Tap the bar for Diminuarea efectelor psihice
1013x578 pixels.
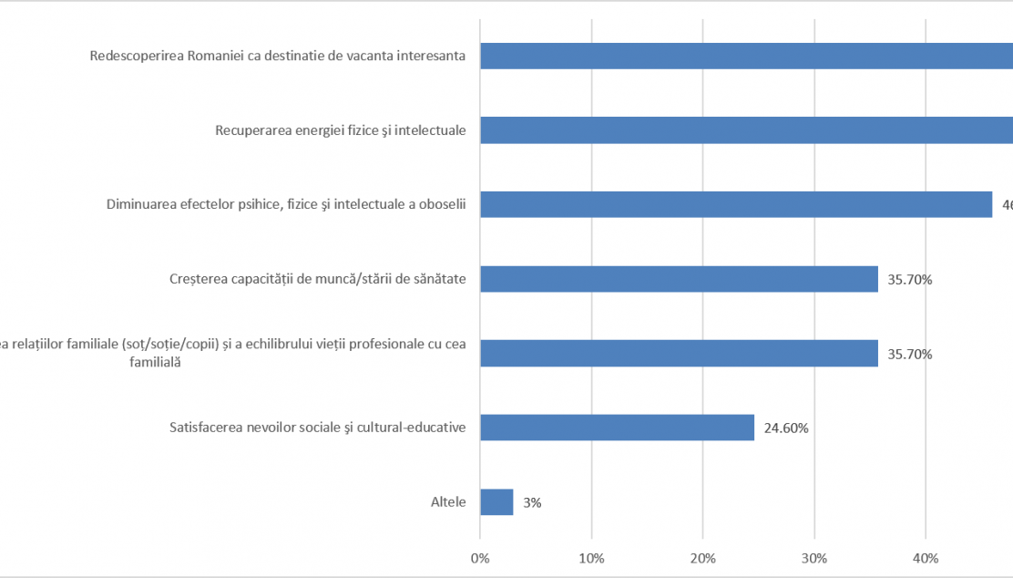[735, 204]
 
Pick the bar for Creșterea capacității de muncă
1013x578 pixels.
[679, 279]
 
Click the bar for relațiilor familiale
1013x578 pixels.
[679, 353]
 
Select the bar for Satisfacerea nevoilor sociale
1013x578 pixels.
[617, 428]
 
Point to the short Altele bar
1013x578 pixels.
[496, 502]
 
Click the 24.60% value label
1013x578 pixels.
[785, 428]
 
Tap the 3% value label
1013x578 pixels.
[532, 502]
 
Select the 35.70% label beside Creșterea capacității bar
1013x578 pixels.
[908, 280]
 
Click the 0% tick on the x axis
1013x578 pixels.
[480, 557]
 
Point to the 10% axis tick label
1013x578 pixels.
[591, 557]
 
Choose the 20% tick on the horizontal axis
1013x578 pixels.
[702, 557]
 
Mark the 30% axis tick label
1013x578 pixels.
[814, 557]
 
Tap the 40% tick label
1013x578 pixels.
[926, 557]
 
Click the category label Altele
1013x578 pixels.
[448, 502]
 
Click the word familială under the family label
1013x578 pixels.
[156, 362]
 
